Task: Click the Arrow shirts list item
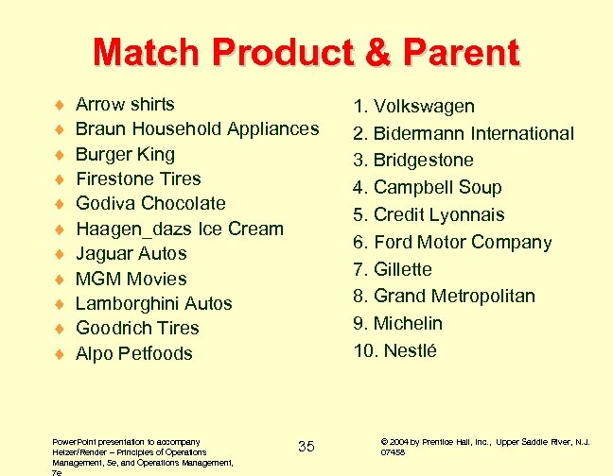pyautogui.click(x=125, y=104)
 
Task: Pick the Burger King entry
pyautogui.click(x=125, y=154)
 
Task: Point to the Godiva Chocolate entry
pyautogui.click(x=150, y=203)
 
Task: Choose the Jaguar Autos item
pyautogui.click(x=131, y=253)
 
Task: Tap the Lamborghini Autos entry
pyautogui.click(x=153, y=303)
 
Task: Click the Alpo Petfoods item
pyautogui.click(x=133, y=353)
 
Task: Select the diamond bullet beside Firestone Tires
pyautogui.click(x=59, y=179)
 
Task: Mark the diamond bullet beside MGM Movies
pyautogui.click(x=59, y=280)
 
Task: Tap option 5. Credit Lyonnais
pyautogui.click(x=429, y=214)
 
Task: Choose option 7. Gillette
pyautogui.click(x=393, y=269)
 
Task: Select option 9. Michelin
pyautogui.click(x=398, y=323)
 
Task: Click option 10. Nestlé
pyautogui.click(x=394, y=350)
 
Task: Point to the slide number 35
pyautogui.click(x=306, y=446)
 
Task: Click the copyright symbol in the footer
pyautogui.click(x=383, y=441)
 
